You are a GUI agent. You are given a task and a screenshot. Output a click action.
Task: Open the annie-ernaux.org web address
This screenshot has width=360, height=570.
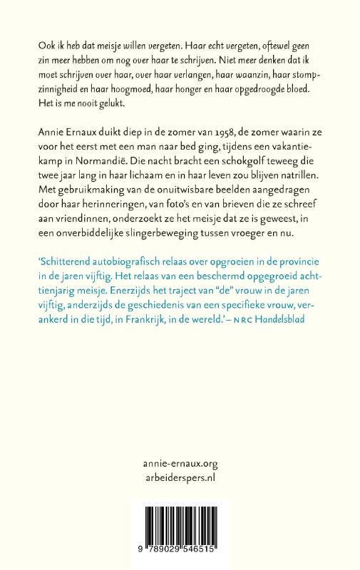pyautogui.click(x=180, y=463)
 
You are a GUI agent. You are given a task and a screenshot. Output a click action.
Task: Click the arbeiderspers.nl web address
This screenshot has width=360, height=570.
pyautogui.click(x=180, y=479)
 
